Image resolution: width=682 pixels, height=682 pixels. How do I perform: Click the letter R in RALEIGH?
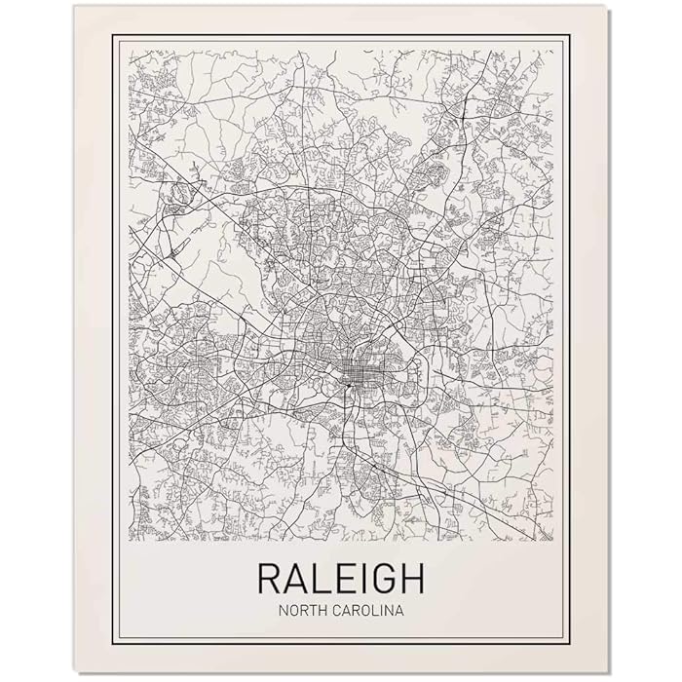[x=270, y=578]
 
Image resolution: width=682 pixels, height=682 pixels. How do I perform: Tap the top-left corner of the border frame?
[x=112, y=35]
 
